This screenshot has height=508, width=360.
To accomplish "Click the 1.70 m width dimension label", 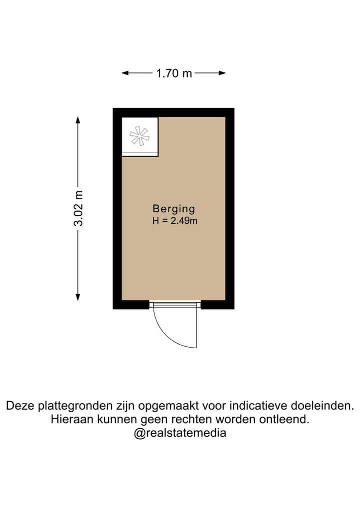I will pyautogui.click(x=174, y=73).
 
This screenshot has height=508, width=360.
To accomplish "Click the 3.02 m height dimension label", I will pyautogui.click(x=78, y=208).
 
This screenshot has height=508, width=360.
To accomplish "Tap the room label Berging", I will pyautogui.click(x=173, y=209).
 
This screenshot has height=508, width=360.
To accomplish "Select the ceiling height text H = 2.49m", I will pyautogui.click(x=175, y=221).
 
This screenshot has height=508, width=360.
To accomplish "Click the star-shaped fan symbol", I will pyautogui.click(x=138, y=136).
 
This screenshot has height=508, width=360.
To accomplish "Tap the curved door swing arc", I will pyautogui.click(x=165, y=332).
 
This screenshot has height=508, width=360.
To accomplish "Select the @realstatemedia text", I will pyautogui.click(x=180, y=433).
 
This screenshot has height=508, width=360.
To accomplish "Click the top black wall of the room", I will pyautogui.click(x=173, y=112).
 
